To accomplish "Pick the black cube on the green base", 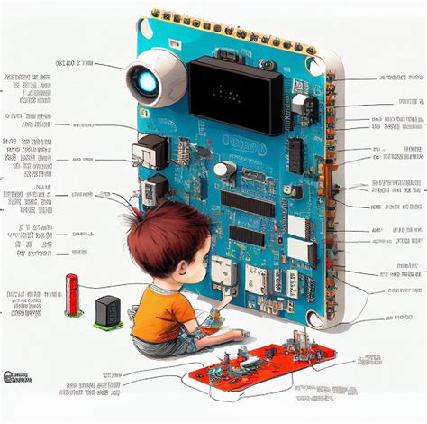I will pos(107,310).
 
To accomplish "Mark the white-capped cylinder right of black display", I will pos(301,106).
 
